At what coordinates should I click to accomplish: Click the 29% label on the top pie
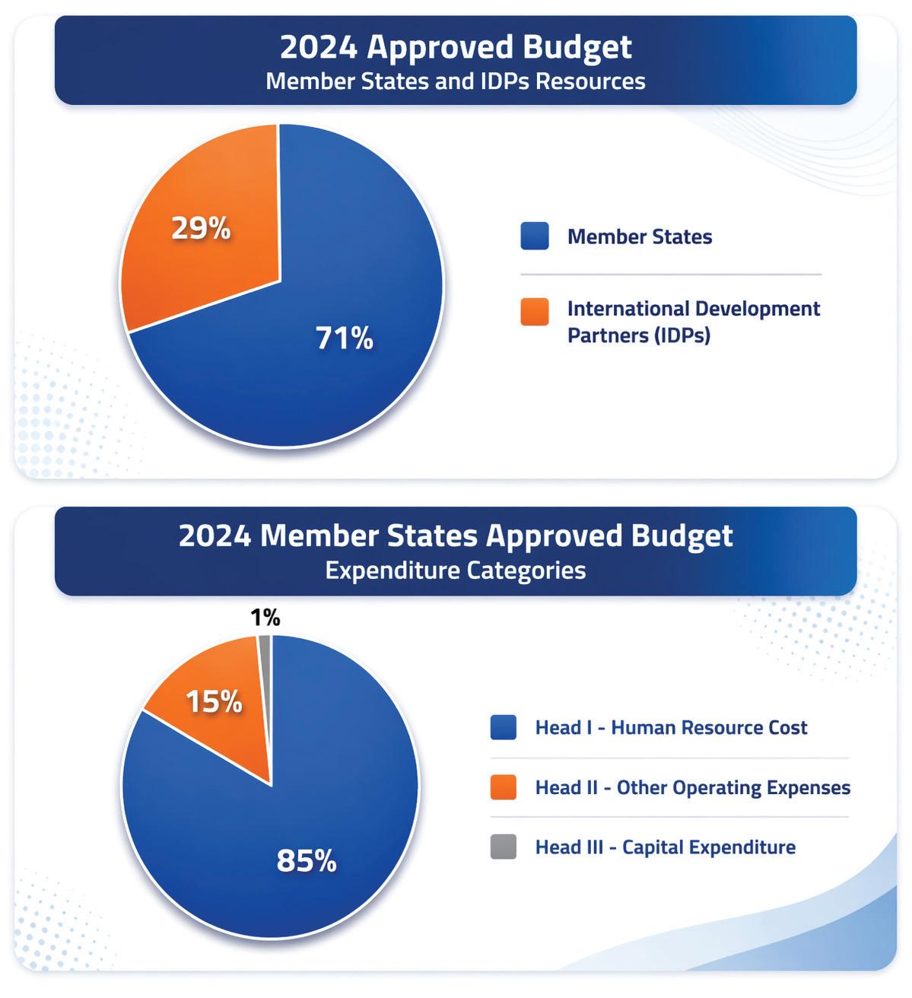click(x=201, y=228)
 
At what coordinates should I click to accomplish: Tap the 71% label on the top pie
click(x=345, y=338)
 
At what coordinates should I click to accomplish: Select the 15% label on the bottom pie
click(x=214, y=701)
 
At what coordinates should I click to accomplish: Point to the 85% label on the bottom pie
click(x=307, y=860)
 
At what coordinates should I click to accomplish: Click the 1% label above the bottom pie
click(x=265, y=618)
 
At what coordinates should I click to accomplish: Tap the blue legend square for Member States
click(x=535, y=236)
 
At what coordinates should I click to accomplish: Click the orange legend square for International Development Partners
click(x=535, y=312)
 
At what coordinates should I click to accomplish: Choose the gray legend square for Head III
click(x=503, y=847)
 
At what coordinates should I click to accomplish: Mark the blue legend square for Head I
click(x=503, y=727)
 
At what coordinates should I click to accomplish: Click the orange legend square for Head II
click(x=503, y=787)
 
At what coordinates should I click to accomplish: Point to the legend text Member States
click(x=640, y=237)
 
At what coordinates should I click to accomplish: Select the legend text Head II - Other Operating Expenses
click(x=693, y=788)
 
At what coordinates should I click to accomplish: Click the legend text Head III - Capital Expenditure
click(x=666, y=847)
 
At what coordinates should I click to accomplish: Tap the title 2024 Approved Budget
click(x=456, y=46)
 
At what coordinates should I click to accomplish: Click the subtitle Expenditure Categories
click(x=456, y=571)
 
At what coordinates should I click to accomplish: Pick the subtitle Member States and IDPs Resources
click(x=456, y=81)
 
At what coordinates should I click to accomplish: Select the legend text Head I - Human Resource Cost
click(x=671, y=728)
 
